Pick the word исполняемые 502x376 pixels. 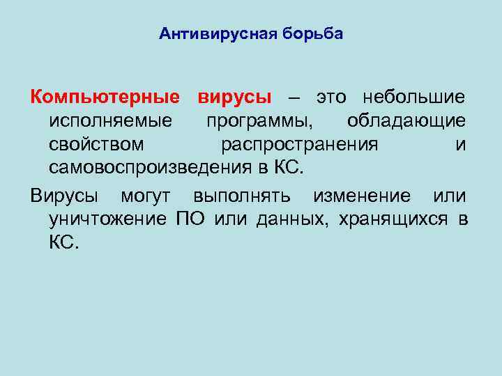coord(111,121)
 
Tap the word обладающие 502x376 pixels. coord(406,121)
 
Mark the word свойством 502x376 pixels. coord(97,145)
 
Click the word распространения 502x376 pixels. coord(300,145)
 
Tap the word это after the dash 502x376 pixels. coord(334,97)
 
